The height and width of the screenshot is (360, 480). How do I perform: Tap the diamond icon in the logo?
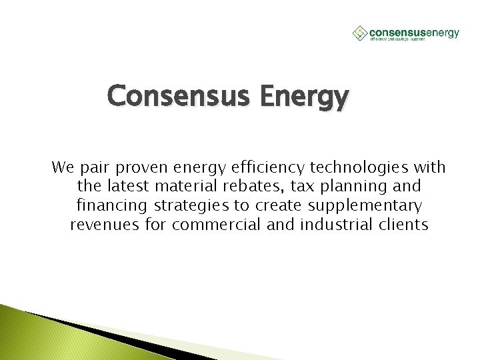pos(359,32)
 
